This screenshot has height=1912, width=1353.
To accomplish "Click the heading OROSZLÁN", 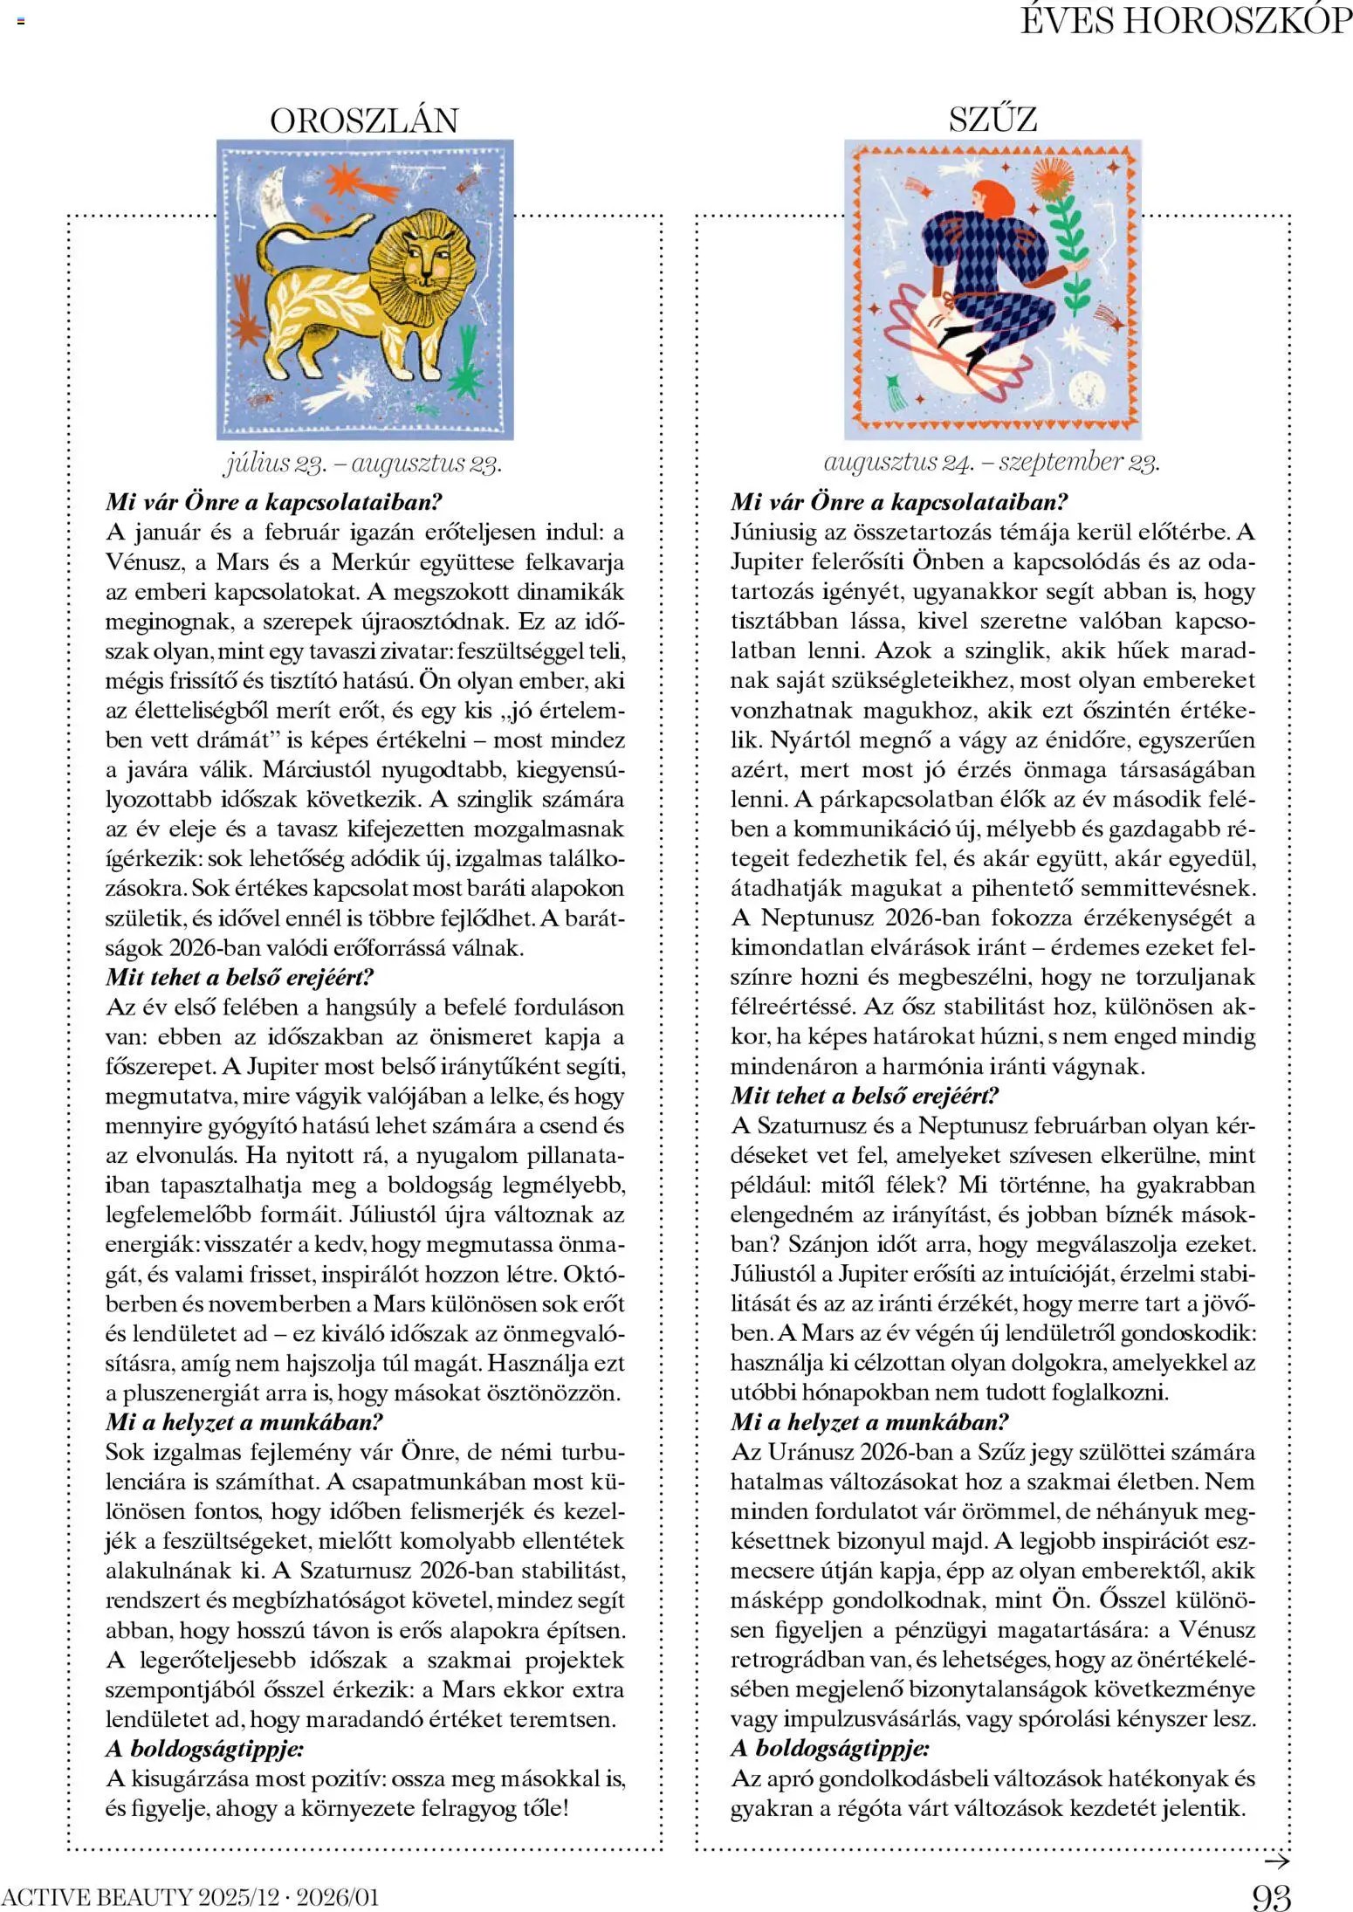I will (364, 120).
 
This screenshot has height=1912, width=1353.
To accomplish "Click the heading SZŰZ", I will (992, 120).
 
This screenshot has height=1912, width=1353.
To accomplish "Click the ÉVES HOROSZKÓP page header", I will (1186, 21).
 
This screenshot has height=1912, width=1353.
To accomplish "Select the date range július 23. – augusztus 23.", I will (363, 463).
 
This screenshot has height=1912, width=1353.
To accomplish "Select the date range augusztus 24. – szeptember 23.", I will (992, 462).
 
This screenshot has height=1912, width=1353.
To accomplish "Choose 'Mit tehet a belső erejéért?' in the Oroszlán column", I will (239, 977).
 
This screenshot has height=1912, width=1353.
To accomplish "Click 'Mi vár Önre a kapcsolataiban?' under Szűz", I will (899, 502).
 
